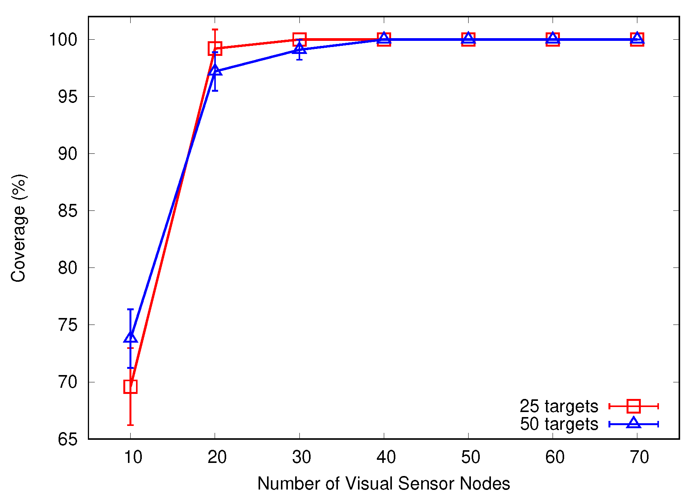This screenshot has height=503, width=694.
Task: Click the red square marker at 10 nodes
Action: click(x=130, y=386)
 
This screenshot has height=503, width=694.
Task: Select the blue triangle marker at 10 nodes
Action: click(x=130, y=337)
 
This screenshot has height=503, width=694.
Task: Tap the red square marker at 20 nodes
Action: click(x=215, y=49)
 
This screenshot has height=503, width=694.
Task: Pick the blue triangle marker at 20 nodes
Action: click(x=215, y=70)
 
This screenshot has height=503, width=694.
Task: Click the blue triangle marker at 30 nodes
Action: click(x=299, y=49)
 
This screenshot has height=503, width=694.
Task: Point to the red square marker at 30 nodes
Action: click(x=299, y=39)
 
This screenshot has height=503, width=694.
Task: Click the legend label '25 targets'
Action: click(x=558, y=406)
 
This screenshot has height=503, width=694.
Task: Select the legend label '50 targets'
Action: click(x=558, y=424)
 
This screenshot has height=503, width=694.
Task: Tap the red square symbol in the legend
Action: click(x=634, y=406)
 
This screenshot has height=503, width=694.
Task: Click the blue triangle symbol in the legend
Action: click(x=634, y=423)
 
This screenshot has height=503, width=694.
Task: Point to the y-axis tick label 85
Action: click(x=68, y=211)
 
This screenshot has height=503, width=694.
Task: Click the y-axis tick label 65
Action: click(x=68, y=439)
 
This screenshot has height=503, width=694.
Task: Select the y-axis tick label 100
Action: click(x=63, y=40)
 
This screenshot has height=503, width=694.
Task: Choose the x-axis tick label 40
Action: click(x=386, y=458)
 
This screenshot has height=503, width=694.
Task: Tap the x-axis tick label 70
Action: click(x=639, y=458)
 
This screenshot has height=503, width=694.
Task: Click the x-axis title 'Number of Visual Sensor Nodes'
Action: click(x=383, y=484)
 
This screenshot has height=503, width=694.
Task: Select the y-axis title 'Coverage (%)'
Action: click(x=18, y=228)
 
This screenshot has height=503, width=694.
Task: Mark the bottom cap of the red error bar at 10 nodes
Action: click(x=130, y=425)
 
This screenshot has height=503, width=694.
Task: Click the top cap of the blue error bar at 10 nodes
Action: click(x=130, y=309)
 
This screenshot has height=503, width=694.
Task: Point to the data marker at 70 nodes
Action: click(x=637, y=39)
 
